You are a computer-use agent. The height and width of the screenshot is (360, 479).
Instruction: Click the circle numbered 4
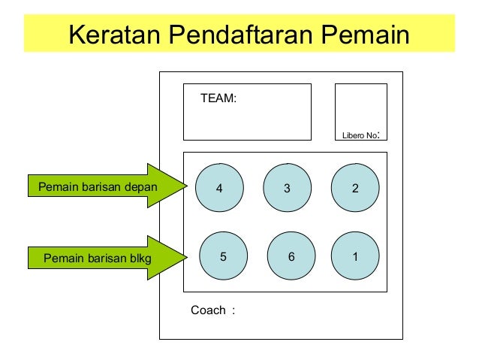[x=219, y=189]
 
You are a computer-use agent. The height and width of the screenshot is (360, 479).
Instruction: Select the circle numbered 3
[x=287, y=189]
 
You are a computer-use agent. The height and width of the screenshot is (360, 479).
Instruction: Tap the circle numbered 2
[x=355, y=189]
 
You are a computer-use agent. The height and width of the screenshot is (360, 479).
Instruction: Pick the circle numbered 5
[x=223, y=256]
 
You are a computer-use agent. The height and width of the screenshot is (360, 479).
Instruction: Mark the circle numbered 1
[x=355, y=256]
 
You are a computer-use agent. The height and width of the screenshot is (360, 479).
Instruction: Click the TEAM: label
[x=218, y=98]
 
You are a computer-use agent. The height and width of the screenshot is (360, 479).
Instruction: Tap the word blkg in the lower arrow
[x=140, y=259]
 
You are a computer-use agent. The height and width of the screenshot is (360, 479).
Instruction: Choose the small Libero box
[x=360, y=105]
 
